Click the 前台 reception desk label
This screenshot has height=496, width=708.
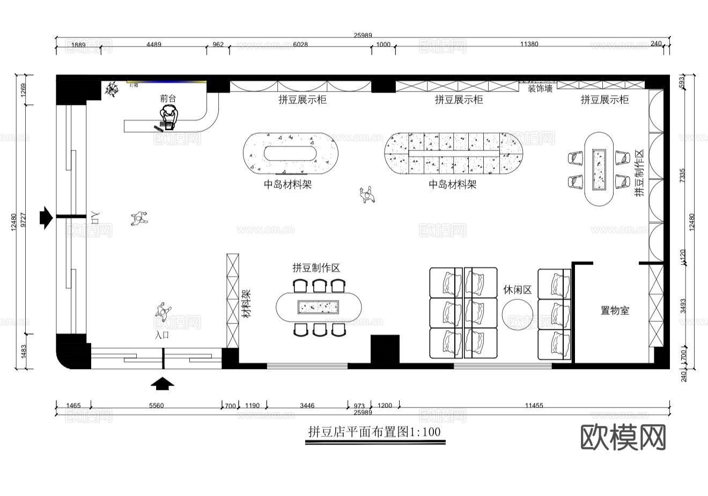[168, 99]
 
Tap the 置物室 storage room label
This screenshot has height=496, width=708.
[615, 310]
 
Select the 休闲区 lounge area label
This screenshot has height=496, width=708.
[517, 290]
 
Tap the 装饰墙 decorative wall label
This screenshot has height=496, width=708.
[540, 89]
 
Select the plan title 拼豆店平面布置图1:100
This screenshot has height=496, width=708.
[375, 432]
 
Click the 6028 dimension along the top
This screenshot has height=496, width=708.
[300, 44]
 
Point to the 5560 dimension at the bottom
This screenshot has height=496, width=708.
[156, 405]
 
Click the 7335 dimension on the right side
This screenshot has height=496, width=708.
[682, 176]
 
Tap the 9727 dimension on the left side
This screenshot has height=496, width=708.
[23, 220]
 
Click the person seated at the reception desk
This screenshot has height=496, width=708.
[169, 116]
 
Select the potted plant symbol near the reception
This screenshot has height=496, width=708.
[112, 89]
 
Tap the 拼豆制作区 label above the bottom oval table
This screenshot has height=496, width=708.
[316, 268]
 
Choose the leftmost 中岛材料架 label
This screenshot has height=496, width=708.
[287, 184]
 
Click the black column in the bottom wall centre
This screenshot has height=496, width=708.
[385, 350]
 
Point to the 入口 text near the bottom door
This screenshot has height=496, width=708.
[162, 335]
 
